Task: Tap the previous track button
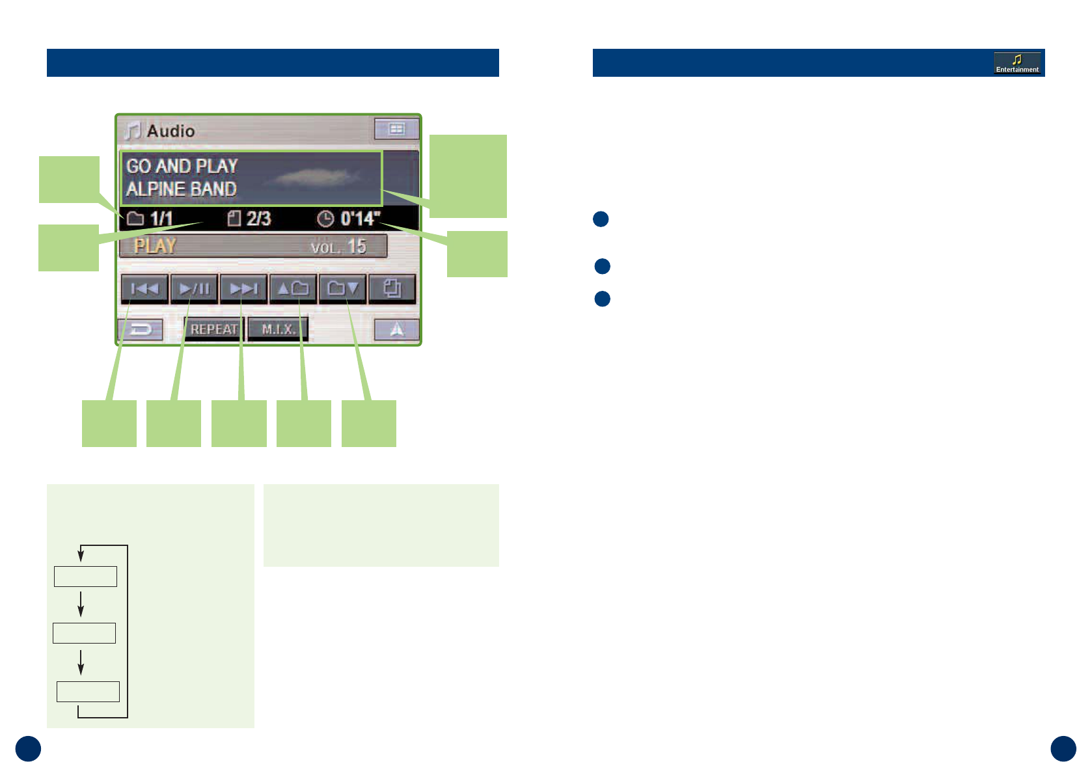(x=144, y=289)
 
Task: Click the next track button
(x=243, y=289)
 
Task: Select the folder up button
(x=293, y=289)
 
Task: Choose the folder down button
(x=342, y=289)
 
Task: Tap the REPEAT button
(x=213, y=329)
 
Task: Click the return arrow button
(x=141, y=330)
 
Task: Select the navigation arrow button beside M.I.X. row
(x=396, y=330)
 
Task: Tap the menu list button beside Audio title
(x=396, y=129)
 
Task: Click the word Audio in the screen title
(x=170, y=131)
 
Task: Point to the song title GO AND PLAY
(x=182, y=166)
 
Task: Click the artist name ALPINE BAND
(x=182, y=189)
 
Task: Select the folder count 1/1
(x=161, y=219)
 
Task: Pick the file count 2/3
(x=258, y=219)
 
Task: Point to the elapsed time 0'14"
(x=360, y=219)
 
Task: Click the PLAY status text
(x=156, y=246)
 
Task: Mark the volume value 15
(x=357, y=247)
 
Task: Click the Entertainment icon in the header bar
(x=1017, y=63)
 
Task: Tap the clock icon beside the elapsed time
(x=325, y=219)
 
